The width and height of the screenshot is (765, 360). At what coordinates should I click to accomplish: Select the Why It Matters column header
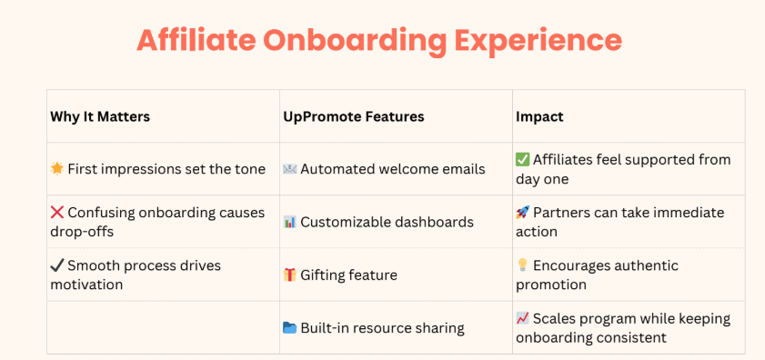point(100,116)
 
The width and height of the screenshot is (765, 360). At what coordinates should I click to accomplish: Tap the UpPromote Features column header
point(354,116)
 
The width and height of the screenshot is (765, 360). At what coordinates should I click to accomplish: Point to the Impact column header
point(539,116)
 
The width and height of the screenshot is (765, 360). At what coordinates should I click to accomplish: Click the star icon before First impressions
point(57,169)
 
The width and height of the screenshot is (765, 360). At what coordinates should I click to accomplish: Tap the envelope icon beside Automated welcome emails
point(290,169)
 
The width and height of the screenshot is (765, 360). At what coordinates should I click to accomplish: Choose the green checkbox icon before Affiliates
point(522,159)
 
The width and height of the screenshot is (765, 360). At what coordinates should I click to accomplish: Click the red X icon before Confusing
point(57,212)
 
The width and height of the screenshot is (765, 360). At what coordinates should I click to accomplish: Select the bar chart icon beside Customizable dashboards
point(290,222)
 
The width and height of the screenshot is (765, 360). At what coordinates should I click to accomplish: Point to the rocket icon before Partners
point(522,212)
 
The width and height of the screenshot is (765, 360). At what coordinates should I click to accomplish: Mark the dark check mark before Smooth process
point(57,265)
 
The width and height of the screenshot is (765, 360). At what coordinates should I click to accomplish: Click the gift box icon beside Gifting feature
point(290,275)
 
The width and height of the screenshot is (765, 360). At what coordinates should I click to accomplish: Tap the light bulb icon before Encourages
point(522,265)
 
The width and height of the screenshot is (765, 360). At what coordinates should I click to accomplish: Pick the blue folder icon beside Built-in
point(290,327)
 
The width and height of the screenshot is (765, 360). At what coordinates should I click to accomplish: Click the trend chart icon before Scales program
point(522,318)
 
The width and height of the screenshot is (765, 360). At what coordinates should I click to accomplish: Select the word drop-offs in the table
point(82,232)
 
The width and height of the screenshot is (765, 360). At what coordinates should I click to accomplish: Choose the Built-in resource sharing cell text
point(382,328)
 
